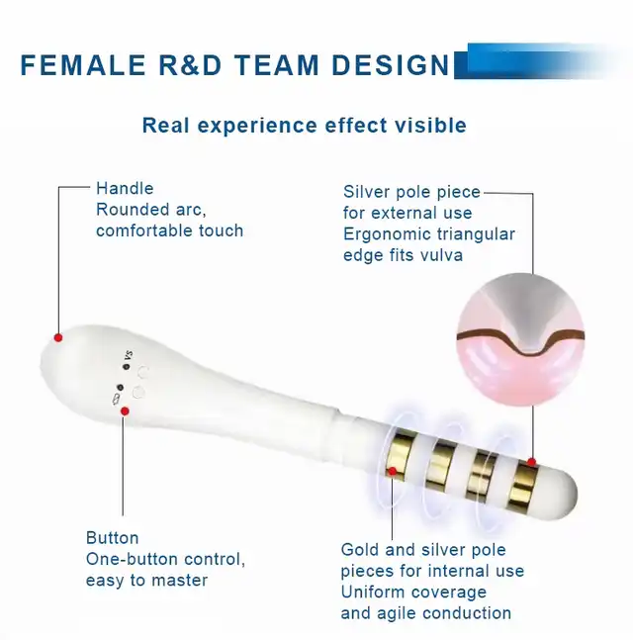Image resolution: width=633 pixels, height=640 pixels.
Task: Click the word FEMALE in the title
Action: click(x=83, y=65)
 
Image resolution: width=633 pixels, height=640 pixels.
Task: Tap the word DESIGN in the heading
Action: click(x=390, y=65)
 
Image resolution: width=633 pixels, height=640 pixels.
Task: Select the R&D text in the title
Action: click(x=190, y=65)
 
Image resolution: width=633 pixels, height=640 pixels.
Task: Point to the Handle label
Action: click(x=125, y=189)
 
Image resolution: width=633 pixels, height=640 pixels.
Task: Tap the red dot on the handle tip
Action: click(x=58, y=337)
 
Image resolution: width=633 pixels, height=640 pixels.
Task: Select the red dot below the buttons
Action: click(x=125, y=411)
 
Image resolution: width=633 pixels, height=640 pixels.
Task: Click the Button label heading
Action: click(x=112, y=538)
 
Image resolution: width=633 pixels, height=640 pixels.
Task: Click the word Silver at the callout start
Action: click(x=367, y=192)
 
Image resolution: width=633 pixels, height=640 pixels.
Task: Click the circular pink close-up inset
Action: click(x=520, y=339)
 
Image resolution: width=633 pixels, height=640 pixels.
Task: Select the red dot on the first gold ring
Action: click(x=393, y=472)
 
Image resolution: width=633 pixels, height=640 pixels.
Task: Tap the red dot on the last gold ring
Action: click(x=531, y=462)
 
